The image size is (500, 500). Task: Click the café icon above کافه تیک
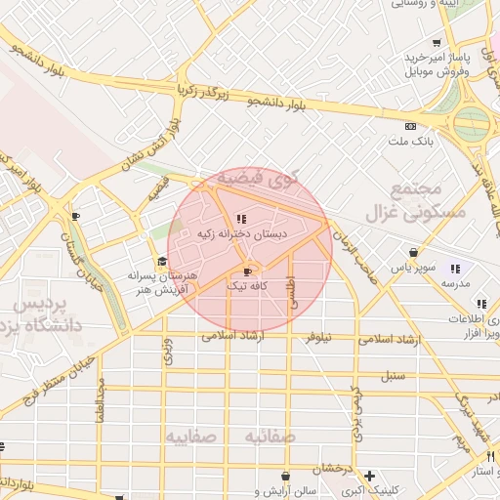click(246, 271)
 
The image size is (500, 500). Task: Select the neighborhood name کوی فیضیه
click(255, 179)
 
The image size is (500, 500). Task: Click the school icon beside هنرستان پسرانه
click(162, 261)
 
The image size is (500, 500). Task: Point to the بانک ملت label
click(411, 142)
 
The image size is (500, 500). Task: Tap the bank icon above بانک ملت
click(410, 126)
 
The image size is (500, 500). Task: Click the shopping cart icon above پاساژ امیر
click(440, 43)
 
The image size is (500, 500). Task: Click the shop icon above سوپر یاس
click(413, 252)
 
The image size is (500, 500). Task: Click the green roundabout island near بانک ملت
click(472, 123)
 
